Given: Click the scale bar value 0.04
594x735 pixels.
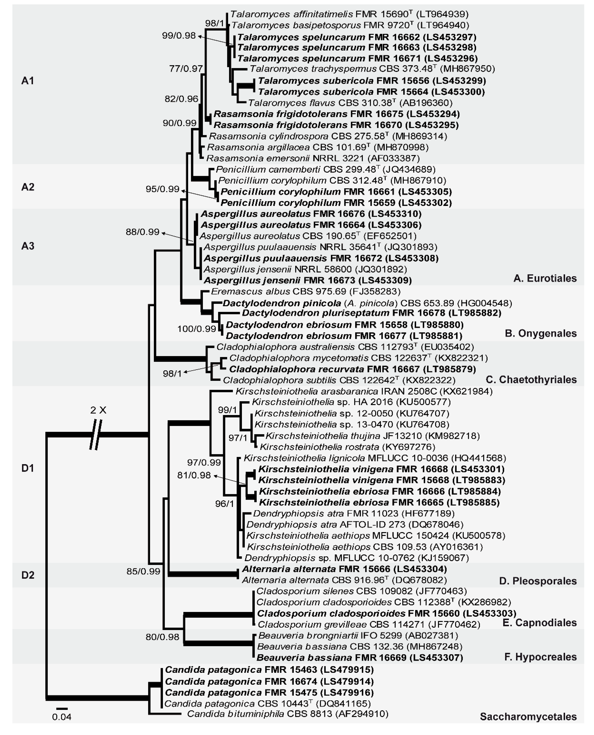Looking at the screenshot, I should tap(62, 717).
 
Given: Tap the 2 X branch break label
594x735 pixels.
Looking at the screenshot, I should tap(98, 410).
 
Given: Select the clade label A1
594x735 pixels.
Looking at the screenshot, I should tap(28, 81).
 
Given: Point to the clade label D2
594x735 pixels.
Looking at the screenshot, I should tap(28, 575).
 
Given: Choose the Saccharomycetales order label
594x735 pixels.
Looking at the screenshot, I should tap(528, 717).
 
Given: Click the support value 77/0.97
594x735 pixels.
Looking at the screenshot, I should tap(186, 69).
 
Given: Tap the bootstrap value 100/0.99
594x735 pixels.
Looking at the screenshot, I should tap(196, 329).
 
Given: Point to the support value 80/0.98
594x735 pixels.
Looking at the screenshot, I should tap(162, 637).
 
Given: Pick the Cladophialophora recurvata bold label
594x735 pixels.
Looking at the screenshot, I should tap(296, 369).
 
